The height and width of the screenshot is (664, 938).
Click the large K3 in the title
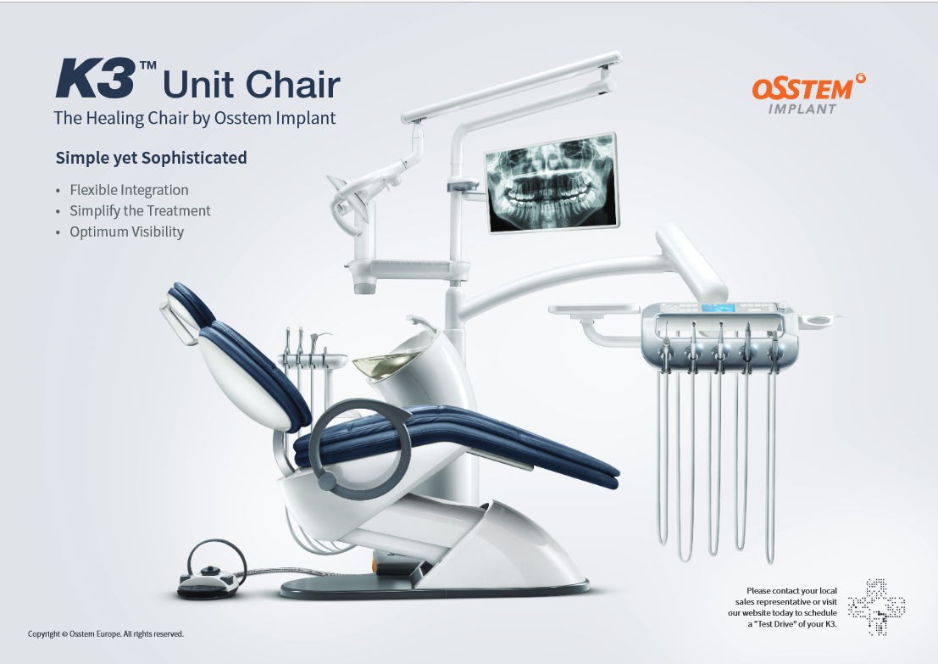click(96, 79)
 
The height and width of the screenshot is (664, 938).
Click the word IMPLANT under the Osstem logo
click(802, 109)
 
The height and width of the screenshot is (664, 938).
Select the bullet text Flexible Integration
click(129, 190)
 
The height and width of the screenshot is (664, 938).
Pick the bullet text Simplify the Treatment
click(140, 211)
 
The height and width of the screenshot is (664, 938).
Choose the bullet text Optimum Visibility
click(126, 232)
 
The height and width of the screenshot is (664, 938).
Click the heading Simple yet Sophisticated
click(151, 158)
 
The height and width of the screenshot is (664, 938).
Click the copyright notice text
click(106, 633)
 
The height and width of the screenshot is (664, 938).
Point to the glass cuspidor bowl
click(373, 365)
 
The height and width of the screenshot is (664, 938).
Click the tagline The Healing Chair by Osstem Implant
click(195, 119)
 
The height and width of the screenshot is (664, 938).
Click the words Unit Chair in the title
click(251, 84)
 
